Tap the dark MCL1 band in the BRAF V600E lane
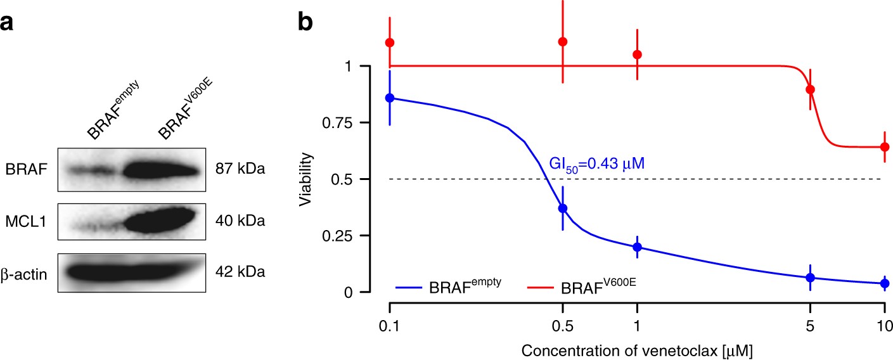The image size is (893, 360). click(158, 222)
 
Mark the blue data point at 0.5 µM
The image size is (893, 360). click(562, 209)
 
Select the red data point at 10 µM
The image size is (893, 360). click(885, 147)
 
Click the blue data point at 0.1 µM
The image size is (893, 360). click(390, 98)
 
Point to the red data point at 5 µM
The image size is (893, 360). click(810, 89)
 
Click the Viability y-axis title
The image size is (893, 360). click(307, 179)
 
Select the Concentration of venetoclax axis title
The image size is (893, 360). click(637, 349)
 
